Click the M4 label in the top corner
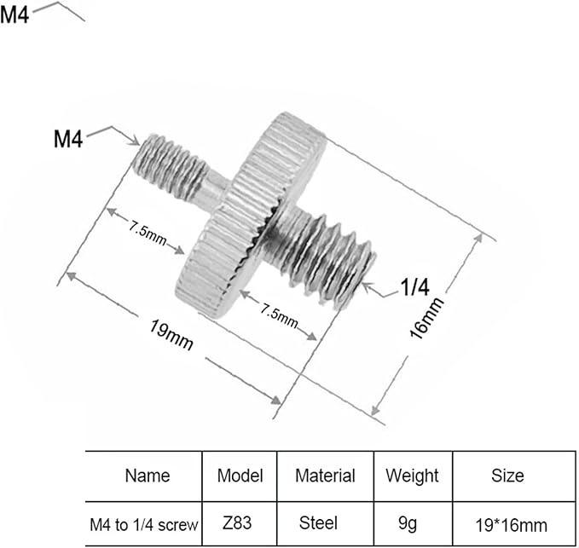[14, 16]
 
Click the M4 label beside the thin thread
[68, 139]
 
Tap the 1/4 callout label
[415, 286]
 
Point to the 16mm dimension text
[426, 318]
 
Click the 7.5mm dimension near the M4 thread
[148, 233]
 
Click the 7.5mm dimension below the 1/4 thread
[279, 315]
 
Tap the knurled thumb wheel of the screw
[251, 215]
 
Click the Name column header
[148, 476]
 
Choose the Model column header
[240, 476]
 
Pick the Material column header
[326, 476]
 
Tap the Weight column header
[413, 476]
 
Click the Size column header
[507, 476]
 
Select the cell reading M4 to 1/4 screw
[144, 525]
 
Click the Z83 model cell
[237, 523]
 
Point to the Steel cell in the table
[318, 523]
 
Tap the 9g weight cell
[408, 524]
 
